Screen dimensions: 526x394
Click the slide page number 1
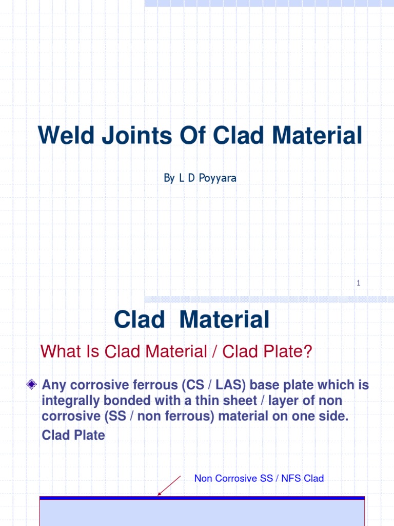point(359,283)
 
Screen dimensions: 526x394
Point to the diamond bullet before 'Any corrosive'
point(32,385)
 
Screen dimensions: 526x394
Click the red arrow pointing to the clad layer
point(169,485)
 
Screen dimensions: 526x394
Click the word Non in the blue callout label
point(203,479)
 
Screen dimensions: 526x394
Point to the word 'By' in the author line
point(169,179)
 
